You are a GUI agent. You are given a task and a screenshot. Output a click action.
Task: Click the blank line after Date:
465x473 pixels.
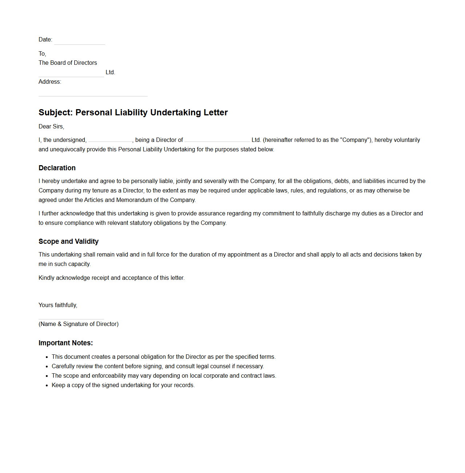[79, 41]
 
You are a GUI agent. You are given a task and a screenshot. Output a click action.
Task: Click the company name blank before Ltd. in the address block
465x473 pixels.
[71, 73]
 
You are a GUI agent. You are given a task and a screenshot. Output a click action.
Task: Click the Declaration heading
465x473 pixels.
[57, 168]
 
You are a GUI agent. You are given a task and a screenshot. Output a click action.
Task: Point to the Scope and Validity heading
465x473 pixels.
[68, 241]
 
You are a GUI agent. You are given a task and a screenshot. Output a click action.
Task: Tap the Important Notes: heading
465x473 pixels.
[65, 343]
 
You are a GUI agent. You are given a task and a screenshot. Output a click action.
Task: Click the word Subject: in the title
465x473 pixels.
[56, 112]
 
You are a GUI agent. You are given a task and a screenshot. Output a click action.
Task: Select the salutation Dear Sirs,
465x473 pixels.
[51, 126]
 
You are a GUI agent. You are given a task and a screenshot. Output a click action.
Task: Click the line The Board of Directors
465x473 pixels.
[68, 63]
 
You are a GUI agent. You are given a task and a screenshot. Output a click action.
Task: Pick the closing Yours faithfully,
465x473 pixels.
[58, 305]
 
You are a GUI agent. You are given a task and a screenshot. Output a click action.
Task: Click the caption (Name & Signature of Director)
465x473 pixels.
[79, 324]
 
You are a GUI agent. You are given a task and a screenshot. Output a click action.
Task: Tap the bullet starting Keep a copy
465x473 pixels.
[123, 385]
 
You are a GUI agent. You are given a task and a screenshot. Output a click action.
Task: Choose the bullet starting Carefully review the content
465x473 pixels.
[158, 366]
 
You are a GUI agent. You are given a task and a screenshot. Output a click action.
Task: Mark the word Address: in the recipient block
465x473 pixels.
[50, 82]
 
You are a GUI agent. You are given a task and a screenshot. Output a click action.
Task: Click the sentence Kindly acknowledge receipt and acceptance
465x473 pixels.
[111, 278]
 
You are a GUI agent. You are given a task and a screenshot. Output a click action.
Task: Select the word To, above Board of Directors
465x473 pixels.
[42, 53]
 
